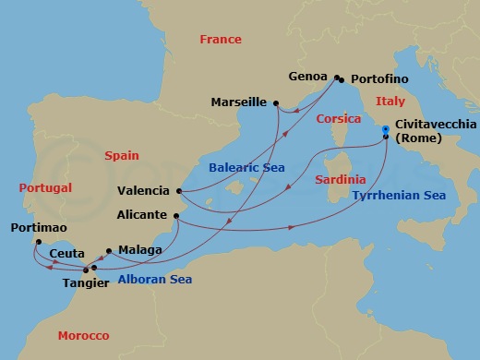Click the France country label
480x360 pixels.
222,40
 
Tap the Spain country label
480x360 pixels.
122,131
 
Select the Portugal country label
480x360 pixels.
44,187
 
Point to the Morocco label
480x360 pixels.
82,335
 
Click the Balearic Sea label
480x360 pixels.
246,167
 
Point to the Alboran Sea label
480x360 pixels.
154,280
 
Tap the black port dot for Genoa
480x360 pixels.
338,78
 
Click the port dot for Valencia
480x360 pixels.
177,191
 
